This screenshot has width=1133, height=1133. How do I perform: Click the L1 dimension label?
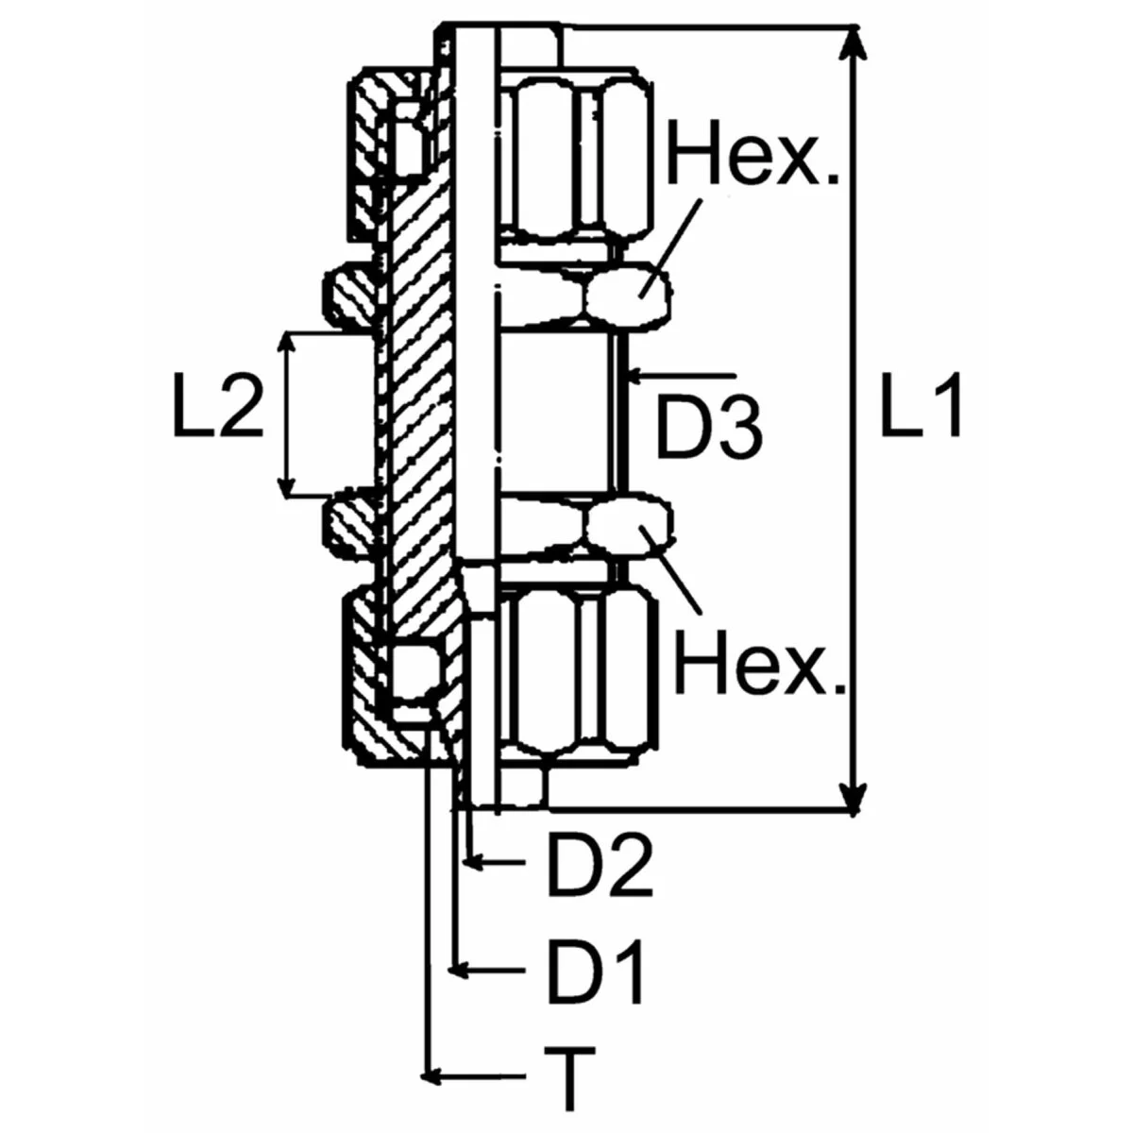point(921,406)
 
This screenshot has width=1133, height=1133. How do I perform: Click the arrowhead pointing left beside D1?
point(458,969)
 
